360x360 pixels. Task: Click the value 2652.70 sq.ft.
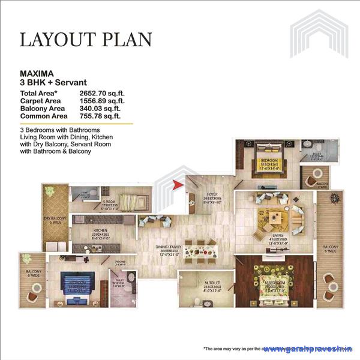[100, 94]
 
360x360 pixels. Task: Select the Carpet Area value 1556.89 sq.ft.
[100, 101]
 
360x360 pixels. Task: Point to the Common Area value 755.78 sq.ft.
[100, 116]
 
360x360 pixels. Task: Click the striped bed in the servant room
[129, 200]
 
